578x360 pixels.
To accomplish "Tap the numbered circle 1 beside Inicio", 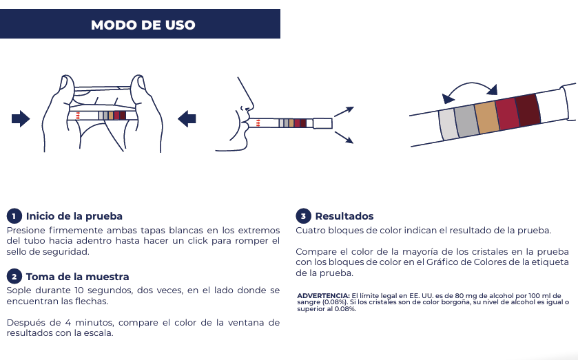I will click(14, 216).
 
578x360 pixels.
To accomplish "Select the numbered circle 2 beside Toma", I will click(14, 277).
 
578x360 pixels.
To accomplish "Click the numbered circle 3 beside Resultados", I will click(303, 216).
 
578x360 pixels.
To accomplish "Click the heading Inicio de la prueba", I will click(74, 216).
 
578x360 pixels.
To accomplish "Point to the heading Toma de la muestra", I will click(78, 277).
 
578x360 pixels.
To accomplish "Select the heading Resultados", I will click(344, 216).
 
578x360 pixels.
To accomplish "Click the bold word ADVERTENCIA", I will click(323, 295).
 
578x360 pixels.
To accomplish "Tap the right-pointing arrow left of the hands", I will click(21, 119).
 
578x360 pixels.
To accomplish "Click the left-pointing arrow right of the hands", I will click(187, 119).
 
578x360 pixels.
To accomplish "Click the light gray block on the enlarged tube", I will click(448, 125).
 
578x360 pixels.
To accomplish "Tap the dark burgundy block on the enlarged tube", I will click(528, 108).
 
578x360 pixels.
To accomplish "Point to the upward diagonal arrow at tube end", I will click(344, 112).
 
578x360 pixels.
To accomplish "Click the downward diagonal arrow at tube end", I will click(344, 137).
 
